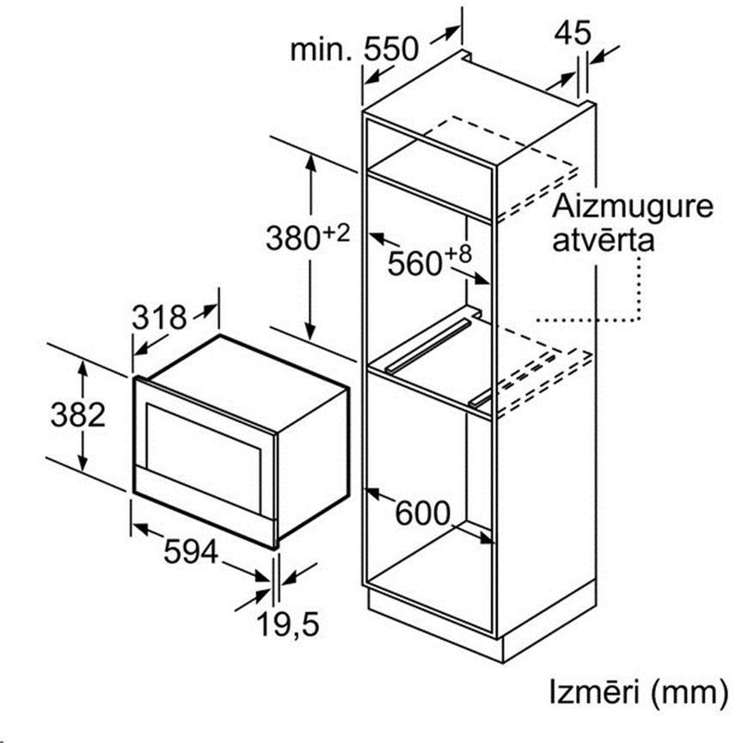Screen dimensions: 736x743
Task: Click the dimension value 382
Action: click(78, 414)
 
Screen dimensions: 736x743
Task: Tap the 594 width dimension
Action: click(191, 551)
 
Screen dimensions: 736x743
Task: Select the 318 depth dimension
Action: click(159, 317)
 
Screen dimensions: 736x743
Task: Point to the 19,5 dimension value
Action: click(288, 623)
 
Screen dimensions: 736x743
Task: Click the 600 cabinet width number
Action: click(422, 513)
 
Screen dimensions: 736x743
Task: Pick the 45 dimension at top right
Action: click(573, 33)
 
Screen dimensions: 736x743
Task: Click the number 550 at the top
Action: click(391, 48)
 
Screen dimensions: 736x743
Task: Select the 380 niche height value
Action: click(294, 238)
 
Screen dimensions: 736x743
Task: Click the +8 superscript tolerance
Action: click(458, 255)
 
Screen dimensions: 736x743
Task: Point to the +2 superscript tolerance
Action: click(336, 233)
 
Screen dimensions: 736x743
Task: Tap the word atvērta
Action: click(603, 240)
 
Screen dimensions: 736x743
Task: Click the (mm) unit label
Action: click(689, 693)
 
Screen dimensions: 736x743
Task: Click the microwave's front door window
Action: click(203, 458)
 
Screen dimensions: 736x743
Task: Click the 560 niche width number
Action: click(415, 263)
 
